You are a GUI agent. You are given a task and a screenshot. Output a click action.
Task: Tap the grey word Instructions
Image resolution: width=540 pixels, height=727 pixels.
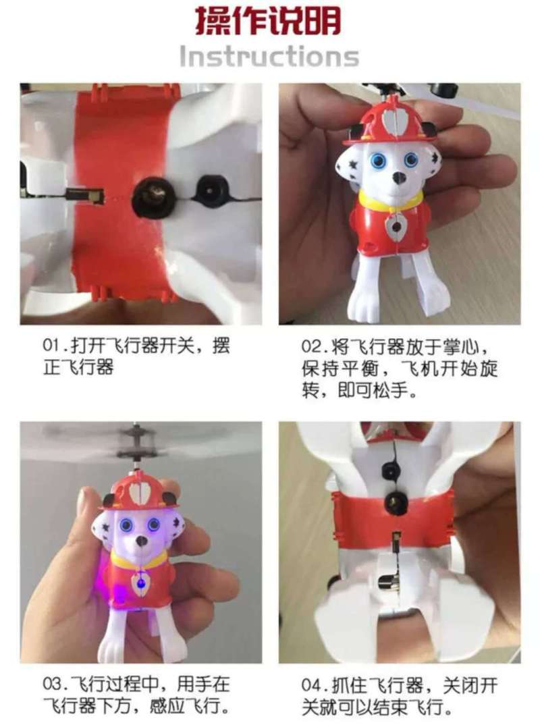(269, 57)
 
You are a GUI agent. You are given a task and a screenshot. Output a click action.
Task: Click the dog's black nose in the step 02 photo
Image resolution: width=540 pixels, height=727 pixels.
(398, 177)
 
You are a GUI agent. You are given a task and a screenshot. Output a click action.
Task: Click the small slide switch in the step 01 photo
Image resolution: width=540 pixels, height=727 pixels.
(85, 194)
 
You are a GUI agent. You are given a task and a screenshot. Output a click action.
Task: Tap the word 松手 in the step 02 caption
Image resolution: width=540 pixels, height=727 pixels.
(391, 391)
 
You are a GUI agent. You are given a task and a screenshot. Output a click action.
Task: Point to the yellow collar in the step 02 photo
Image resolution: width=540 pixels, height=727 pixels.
(391, 203)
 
